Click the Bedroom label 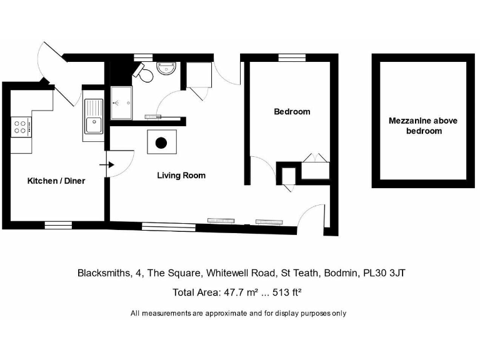pyautogui.click(x=292, y=112)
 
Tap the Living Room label pyautogui.click(x=181, y=176)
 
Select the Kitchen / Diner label pyautogui.click(x=56, y=181)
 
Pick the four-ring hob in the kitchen pyautogui.click(x=21, y=127)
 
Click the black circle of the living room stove pyautogui.click(x=161, y=143)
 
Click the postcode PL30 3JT pyautogui.click(x=386, y=273)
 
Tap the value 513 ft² pyautogui.click(x=286, y=292)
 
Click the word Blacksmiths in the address pyautogui.click(x=100, y=273)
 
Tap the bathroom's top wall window pyautogui.click(x=143, y=57)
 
